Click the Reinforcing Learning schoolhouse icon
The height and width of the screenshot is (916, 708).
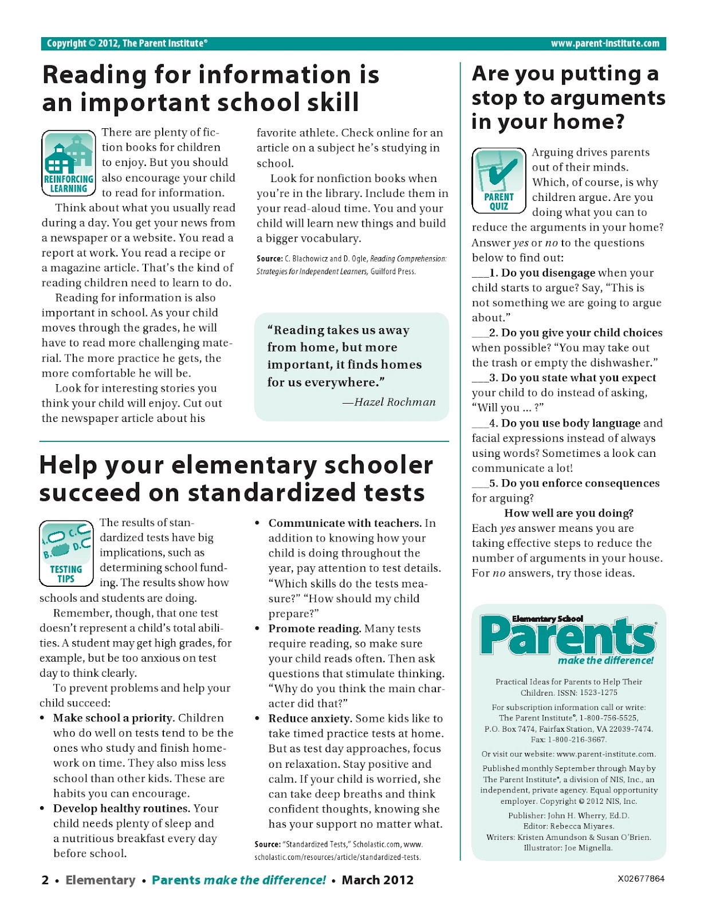point(68,161)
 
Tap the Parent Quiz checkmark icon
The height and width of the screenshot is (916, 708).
point(499,179)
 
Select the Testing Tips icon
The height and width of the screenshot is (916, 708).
point(66,553)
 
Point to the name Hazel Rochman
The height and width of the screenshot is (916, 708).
point(395,402)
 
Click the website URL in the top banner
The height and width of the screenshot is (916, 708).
point(605,44)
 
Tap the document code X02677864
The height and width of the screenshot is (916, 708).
point(641,878)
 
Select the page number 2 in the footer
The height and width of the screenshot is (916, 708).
point(45,880)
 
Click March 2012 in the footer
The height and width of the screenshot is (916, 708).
point(377,880)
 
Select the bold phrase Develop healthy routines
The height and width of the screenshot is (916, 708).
point(121,808)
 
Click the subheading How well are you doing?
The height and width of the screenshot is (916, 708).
point(568,513)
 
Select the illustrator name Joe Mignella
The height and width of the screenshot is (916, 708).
point(588,848)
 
